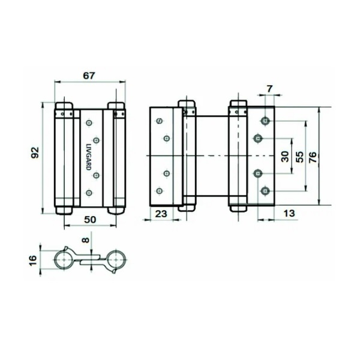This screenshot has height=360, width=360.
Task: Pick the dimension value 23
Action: [x=160, y=213]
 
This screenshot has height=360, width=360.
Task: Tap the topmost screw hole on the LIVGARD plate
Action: [x=89, y=123]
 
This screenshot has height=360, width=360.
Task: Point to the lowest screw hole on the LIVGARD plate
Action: [x=89, y=192]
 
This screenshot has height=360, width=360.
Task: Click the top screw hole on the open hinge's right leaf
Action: [x=264, y=121]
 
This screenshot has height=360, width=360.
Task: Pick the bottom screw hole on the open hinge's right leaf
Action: [x=264, y=191]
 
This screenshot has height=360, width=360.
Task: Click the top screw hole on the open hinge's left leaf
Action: [x=160, y=122]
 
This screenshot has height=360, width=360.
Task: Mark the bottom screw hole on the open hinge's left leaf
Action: [x=160, y=191]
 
